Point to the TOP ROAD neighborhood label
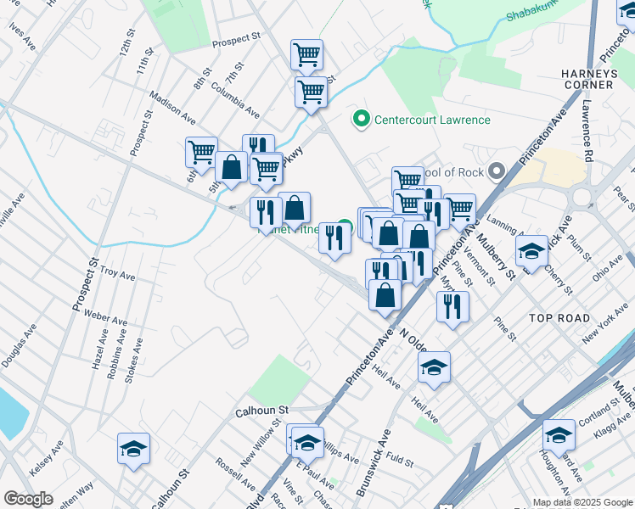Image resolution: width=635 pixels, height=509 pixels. pyautogui.click(x=559, y=317)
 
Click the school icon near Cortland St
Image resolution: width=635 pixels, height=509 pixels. pyautogui.click(x=559, y=435)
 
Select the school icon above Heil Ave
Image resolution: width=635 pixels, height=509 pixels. pyautogui.click(x=434, y=366)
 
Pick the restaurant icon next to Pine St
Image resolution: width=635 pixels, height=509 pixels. pyautogui.click(x=452, y=306)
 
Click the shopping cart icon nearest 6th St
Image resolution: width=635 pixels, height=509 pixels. pyautogui.click(x=201, y=153)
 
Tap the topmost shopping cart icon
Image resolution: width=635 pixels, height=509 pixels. pyautogui.click(x=306, y=55)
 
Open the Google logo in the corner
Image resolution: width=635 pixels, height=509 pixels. pyautogui.click(x=28, y=499)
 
